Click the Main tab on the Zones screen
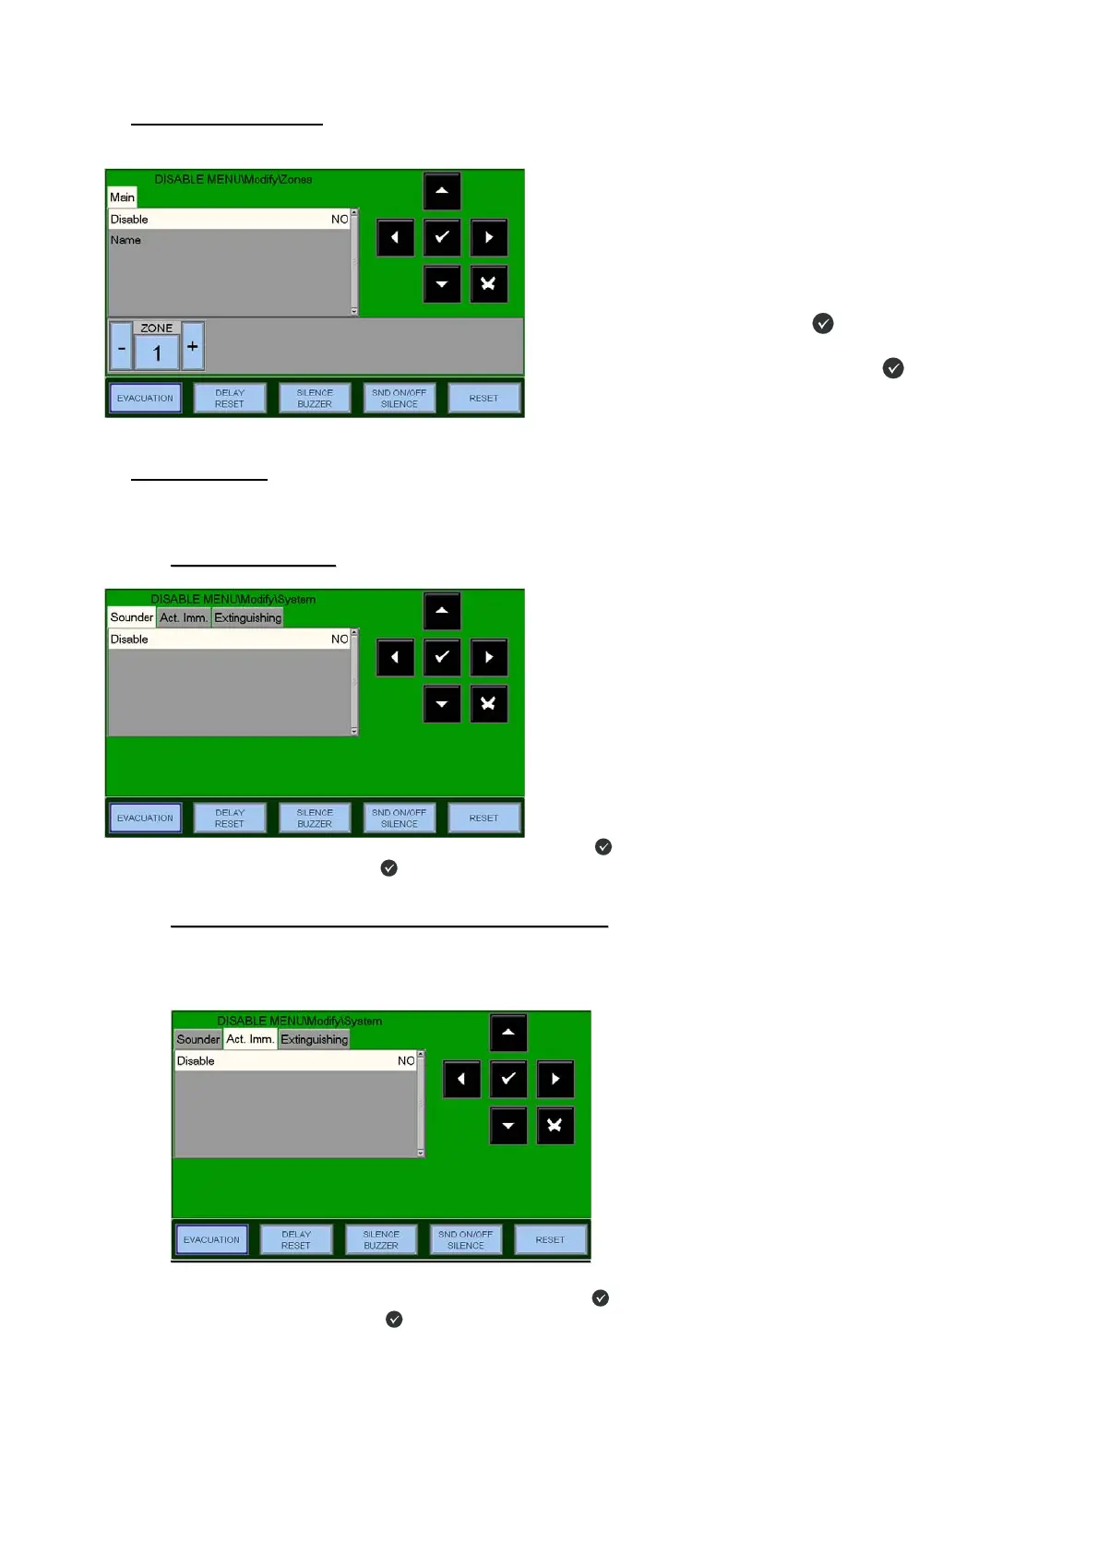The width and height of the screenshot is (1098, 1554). pyautogui.click(x=122, y=197)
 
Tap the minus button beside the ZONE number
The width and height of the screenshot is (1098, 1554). pyautogui.click(x=121, y=347)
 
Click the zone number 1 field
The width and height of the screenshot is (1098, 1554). pyautogui.click(x=157, y=353)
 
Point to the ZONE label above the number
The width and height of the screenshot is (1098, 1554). pyautogui.click(x=157, y=328)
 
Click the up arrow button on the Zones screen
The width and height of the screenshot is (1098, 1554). pyautogui.click(x=442, y=191)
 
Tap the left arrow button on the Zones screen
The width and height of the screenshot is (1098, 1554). pyautogui.click(x=395, y=237)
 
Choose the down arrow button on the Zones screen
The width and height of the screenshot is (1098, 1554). pyautogui.click(x=442, y=284)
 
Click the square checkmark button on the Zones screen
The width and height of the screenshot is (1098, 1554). pyautogui.click(x=442, y=237)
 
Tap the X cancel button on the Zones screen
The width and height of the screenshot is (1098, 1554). pyautogui.click(x=489, y=284)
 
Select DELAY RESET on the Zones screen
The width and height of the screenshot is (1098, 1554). pyautogui.click(x=230, y=399)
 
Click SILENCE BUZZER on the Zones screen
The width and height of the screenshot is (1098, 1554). pyautogui.click(x=315, y=399)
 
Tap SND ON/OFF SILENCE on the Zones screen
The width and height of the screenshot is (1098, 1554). pyautogui.click(x=400, y=399)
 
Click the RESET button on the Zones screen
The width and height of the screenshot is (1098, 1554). pyautogui.click(x=483, y=399)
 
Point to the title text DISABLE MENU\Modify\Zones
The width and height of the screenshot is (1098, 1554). pyautogui.click(x=233, y=179)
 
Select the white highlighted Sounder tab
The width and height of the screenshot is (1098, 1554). pyautogui.click(x=131, y=617)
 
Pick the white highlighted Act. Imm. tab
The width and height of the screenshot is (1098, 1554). pyautogui.click(x=250, y=1039)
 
